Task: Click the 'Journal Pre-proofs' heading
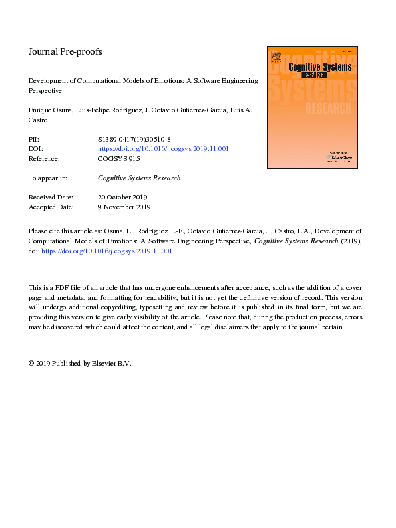65,51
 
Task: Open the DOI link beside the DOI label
163,149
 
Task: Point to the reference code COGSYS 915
119,159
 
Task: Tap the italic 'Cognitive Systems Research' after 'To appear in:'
139,178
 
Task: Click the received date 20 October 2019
122,198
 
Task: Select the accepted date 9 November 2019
124,207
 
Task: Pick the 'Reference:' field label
44,159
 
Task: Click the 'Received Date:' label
51,198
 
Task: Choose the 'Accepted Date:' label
51,207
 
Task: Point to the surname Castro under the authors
39,120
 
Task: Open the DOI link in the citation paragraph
106,251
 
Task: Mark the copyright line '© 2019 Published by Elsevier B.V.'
81,364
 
